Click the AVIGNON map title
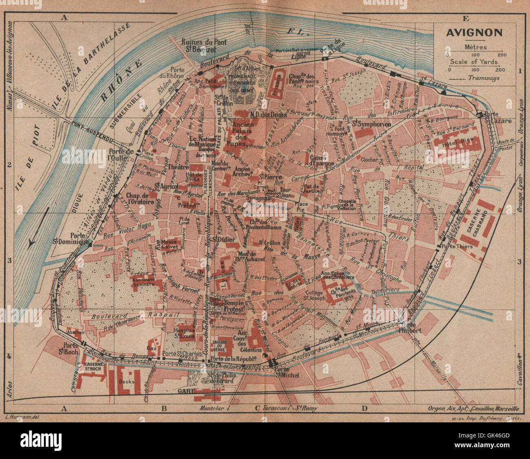pyautogui.click(x=474, y=33)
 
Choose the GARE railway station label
pyautogui.click(x=185, y=391)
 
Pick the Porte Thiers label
pyautogui.click(x=460, y=246)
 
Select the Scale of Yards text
pyautogui.click(x=474, y=62)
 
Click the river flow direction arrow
pyautogui.click(x=39, y=228)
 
